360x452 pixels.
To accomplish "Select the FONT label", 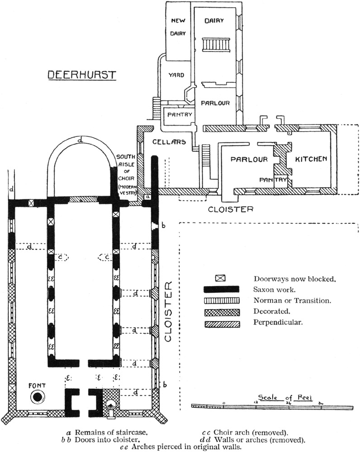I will point(37,386).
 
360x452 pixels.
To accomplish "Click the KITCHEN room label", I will point(311,159).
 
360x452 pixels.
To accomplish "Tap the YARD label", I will point(176,75).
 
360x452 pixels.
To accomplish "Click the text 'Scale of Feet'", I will point(275,395).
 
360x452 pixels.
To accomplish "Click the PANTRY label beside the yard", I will point(180,115).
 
